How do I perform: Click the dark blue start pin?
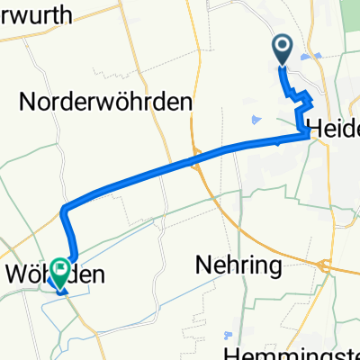click(283, 50)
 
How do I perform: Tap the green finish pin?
click(61, 273)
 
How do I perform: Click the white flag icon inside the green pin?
click(61, 267)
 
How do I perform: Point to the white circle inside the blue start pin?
click(283, 46)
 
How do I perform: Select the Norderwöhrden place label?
click(106, 103)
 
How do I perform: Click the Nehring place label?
click(238, 265)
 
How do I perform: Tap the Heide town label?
click(334, 127)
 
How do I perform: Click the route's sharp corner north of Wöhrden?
click(65, 211)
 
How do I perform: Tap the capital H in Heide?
click(316, 127)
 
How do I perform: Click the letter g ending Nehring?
click(274, 268)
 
